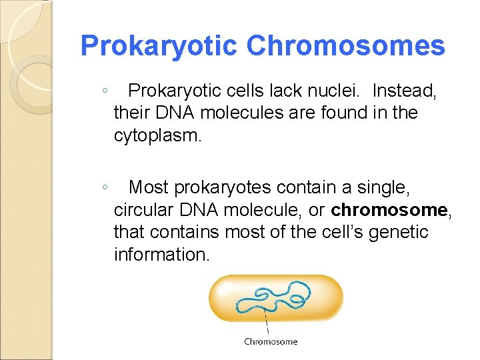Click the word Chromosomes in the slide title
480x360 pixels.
[x=345, y=46]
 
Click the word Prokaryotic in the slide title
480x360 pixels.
[x=159, y=46]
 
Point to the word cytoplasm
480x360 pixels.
[x=157, y=137]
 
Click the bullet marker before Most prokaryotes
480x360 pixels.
[x=106, y=188]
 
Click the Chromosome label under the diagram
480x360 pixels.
[x=271, y=342]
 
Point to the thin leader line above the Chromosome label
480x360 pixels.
[x=268, y=324]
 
